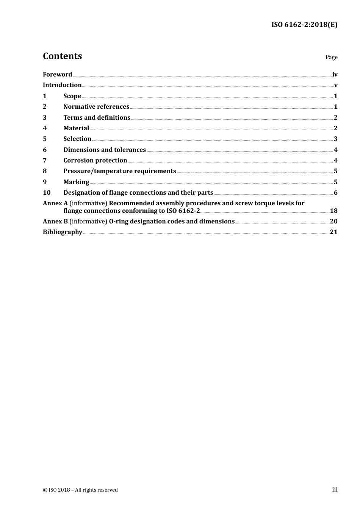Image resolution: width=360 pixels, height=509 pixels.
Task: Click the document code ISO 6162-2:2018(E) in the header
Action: (304, 25)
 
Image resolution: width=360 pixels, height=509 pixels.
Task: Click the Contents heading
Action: (62, 56)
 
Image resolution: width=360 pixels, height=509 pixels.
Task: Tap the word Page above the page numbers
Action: (331, 57)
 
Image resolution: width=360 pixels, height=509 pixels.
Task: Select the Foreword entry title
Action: (57, 75)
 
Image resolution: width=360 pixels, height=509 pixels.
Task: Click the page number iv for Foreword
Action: (335, 75)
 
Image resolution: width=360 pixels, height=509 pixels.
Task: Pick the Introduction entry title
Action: (62, 85)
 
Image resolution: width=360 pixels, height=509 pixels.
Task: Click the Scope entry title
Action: (72, 96)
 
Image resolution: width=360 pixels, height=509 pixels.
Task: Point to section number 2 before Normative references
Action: (45, 107)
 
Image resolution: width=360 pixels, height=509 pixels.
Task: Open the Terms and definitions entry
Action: (97, 118)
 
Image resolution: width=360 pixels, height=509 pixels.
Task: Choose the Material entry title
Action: (76, 128)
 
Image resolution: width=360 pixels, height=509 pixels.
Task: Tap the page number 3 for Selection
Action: (335, 139)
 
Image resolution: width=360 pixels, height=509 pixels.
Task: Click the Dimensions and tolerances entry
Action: (105, 150)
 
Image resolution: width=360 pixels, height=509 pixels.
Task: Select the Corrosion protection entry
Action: (95, 161)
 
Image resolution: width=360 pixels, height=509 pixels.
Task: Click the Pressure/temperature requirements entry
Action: (120, 171)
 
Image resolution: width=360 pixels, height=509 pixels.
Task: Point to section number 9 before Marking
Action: (45, 182)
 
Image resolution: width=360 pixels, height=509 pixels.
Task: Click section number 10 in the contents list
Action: (47, 193)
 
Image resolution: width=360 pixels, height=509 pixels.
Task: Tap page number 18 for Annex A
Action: (333, 211)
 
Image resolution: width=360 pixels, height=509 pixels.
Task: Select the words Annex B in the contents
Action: (55, 222)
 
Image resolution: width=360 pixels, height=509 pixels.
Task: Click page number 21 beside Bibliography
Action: (333, 232)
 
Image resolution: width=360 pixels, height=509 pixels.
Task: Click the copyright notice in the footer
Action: (80, 490)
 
